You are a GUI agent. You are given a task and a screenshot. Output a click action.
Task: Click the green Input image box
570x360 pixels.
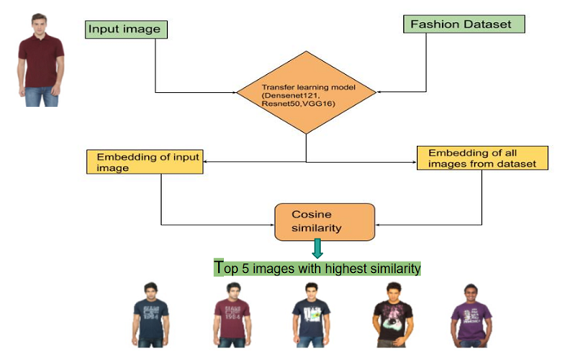[125, 30]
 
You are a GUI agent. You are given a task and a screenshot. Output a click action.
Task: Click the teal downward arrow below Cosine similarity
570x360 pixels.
[318, 248]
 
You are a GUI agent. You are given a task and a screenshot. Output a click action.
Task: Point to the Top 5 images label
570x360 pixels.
[318, 268]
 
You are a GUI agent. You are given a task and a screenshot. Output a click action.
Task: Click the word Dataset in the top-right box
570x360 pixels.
[485, 24]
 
